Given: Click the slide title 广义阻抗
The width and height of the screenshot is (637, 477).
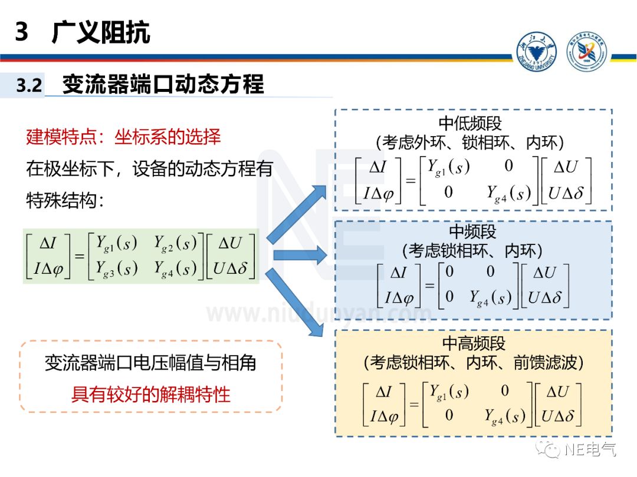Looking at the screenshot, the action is tap(101, 32).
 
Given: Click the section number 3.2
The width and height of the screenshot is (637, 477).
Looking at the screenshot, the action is tap(29, 86).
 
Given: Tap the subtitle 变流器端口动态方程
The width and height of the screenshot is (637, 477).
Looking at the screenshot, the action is tap(163, 84).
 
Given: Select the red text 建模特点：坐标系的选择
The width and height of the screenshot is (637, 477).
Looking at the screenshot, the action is tap(123, 137).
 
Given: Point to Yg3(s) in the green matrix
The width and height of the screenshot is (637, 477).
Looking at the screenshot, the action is tap(117, 268).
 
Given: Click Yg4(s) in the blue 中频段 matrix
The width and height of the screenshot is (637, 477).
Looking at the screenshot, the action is tap(490, 298).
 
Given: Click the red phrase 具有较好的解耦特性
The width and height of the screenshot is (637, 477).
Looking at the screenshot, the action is tap(150, 394).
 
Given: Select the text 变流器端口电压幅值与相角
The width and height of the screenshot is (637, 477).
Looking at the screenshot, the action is tap(150, 363).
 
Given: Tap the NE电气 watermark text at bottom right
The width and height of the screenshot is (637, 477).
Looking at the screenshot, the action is tap(590, 450).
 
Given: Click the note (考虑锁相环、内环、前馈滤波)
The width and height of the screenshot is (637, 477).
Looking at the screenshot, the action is tap(474, 362).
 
